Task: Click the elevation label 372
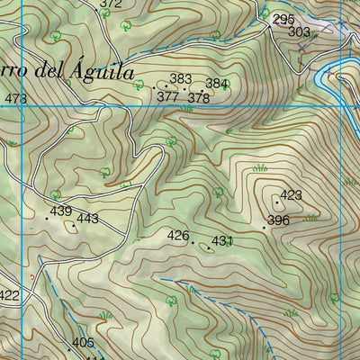click(x=111, y=4)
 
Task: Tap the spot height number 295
click(x=283, y=19)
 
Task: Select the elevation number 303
click(x=300, y=31)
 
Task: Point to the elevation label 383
click(x=181, y=80)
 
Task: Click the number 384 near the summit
click(x=217, y=84)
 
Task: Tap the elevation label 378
click(x=199, y=98)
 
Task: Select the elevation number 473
click(x=15, y=99)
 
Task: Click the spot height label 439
click(x=61, y=211)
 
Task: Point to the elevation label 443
click(x=87, y=219)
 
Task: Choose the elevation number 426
click(x=179, y=236)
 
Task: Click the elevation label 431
click(x=222, y=241)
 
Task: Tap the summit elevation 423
click(x=291, y=195)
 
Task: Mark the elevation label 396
click(x=278, y=220)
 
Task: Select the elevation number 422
click(x=9, y=295)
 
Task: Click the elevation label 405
click(x=83, y=343)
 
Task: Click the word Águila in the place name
click(x=98, y=72)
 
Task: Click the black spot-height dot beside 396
click(x=264, y=228)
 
